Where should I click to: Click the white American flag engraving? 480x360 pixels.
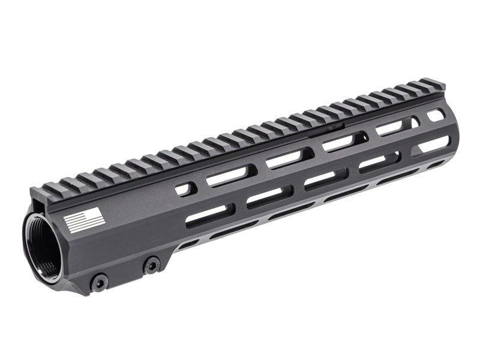coord(85,221)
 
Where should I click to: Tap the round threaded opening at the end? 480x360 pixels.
coord(42,247)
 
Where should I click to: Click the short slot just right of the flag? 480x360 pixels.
coord(185,190)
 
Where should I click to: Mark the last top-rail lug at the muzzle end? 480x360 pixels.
coord(432,84)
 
